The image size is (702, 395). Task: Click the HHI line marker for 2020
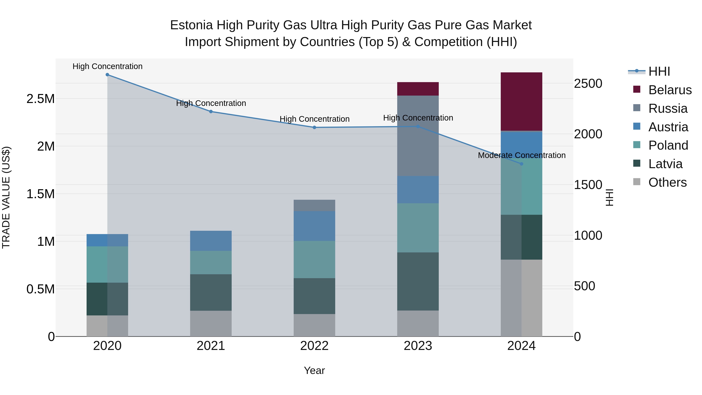pos(107,75)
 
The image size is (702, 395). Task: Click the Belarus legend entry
pos(670,90)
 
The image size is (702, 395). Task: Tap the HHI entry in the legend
pos(659,71)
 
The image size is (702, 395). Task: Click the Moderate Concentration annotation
pos(522,155)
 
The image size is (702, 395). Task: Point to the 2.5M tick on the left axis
pos(40,99)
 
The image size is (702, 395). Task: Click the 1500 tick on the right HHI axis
pos(588,185)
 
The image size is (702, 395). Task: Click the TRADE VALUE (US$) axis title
pos(6,197)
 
